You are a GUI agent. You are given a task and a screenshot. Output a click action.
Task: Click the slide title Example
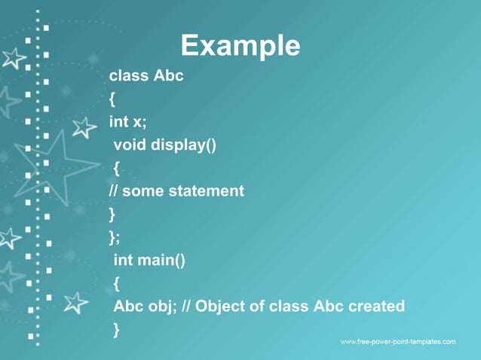pos(240,46)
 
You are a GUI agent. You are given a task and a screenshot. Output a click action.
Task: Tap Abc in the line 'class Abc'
pos(169,76)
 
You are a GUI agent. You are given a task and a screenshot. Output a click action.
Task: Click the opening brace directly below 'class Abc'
pos(112,99)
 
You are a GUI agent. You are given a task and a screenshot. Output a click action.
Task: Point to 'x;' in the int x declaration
pos(140,122)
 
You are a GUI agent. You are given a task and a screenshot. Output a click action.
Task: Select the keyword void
pos(130,145)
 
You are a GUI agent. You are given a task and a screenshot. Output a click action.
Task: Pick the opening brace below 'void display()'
pos(117,168)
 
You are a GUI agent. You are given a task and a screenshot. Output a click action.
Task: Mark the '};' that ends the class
pos(115,237)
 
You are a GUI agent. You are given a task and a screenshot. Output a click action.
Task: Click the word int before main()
pos(124,261)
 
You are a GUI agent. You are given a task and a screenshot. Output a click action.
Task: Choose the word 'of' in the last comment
pos(265,307)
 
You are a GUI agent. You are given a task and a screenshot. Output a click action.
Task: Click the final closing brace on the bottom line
pos(117,329)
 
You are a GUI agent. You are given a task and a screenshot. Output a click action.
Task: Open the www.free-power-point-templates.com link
pos(397,342)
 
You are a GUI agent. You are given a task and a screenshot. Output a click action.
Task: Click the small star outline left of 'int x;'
pos(84,127)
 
